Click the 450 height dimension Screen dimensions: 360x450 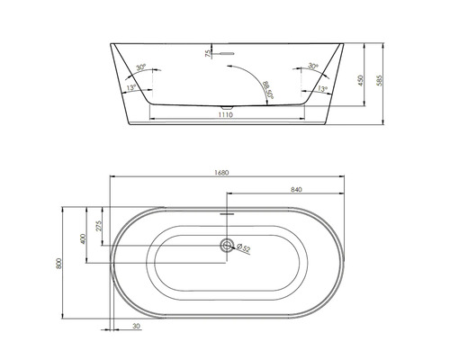363,79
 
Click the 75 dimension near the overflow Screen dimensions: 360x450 209,55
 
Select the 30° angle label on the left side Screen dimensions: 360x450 141,67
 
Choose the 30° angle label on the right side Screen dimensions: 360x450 311,67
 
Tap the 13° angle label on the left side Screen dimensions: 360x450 132,87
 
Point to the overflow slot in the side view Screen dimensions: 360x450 226,54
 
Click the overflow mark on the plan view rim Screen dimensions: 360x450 226,216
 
